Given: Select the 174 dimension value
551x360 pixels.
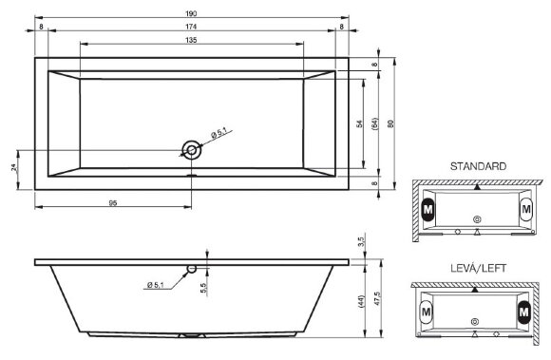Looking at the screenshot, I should [x=192, y=27].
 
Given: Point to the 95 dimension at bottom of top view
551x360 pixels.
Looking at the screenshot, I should [x=113, y=202].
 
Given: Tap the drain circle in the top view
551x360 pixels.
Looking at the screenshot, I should [x=193, y=149].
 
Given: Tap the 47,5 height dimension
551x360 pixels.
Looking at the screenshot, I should [x=378, y=296].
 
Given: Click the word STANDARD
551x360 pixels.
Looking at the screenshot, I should [x=478, y=166].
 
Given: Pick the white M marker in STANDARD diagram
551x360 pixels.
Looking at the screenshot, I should [x=526, y=207].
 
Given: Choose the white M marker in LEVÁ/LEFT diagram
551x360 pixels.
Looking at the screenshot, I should [x=427, y=311].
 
